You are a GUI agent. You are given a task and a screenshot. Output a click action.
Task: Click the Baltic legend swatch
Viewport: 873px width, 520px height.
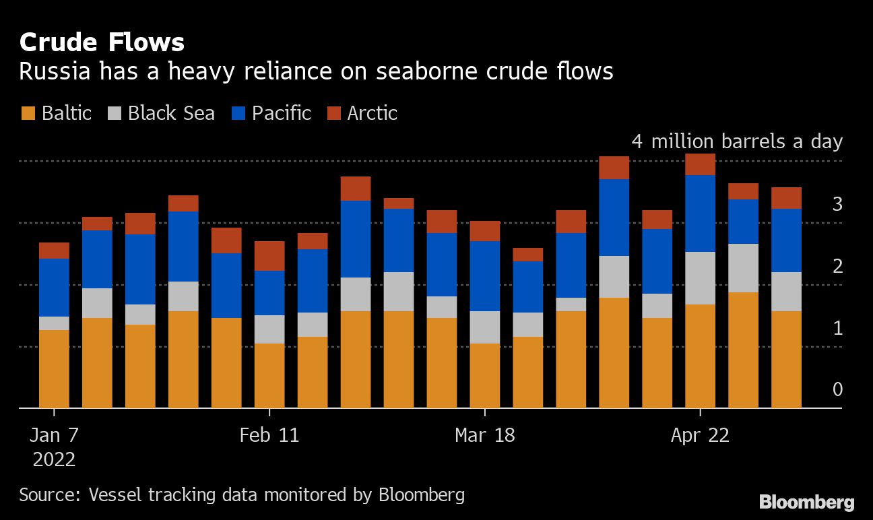(x=28, y=113)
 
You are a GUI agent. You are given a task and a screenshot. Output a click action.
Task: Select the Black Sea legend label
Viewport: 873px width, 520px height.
(x=171, y=113)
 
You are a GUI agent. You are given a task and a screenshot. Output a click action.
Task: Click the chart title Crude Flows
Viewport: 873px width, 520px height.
(x=102, y=42)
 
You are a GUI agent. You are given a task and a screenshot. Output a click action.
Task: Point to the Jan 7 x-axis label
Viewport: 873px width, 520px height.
(x=54, y=435)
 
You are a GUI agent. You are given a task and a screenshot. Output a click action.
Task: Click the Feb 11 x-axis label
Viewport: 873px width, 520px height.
(x=269, y=435)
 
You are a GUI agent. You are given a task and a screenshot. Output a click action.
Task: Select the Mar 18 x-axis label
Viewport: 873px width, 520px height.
(x=485, y=435)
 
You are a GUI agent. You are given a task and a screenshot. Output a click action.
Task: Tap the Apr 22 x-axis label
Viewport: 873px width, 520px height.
(x=700, y=435)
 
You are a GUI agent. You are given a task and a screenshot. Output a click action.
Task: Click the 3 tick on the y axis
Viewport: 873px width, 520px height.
(x=837, y=204)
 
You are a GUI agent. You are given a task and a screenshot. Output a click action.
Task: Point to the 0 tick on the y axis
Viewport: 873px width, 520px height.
(x=837, y=390)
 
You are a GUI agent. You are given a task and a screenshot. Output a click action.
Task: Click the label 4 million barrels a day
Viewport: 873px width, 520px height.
(x=737, y=142)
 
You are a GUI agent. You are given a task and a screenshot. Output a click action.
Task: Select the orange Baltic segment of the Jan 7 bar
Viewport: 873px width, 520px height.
(x=54, y=368)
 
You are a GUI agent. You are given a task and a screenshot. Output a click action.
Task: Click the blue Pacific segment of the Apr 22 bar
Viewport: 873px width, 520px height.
(x=700, y=214)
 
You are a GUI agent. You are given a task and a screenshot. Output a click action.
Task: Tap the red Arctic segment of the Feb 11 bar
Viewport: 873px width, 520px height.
(x=269, y=256)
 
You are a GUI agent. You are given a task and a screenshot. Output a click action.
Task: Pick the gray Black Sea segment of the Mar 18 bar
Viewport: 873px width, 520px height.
(x=485, y=327)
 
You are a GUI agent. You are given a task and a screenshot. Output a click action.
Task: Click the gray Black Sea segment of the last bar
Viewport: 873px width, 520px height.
(x=786, y=292)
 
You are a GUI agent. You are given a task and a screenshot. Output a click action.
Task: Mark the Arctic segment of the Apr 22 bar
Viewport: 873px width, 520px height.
(x=700, y=164)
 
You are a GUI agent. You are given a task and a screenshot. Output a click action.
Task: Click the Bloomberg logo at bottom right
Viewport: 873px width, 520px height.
(x=806, y=502)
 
